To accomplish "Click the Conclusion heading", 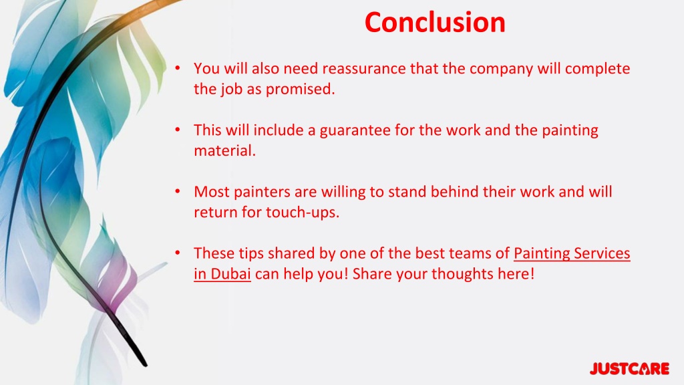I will [435, 22].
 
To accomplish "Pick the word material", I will [224, 150].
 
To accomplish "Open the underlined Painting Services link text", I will [572, 253].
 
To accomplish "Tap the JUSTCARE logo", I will [629, 368].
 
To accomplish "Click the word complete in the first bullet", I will [596, 69].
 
